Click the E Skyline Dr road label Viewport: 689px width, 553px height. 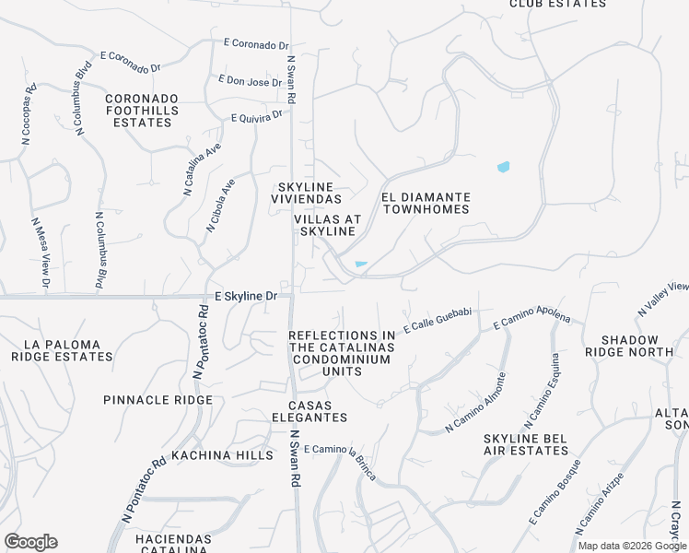click(245, 297)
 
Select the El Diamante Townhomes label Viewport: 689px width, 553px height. click(426, 203)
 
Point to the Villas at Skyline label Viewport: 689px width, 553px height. click(325, 225)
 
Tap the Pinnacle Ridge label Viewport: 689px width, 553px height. click(158, 400)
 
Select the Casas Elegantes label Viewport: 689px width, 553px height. click(318, 411)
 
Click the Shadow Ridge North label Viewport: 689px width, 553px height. click(636, 346)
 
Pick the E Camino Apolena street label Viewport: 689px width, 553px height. click(531, 321)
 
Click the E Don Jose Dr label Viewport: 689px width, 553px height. click(250, 81)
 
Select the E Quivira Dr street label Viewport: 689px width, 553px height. click(257, 116)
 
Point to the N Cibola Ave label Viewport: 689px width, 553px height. click(220, 206)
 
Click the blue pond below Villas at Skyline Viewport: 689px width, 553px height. click(361, 265)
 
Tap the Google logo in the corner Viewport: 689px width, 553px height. click(30, 542)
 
